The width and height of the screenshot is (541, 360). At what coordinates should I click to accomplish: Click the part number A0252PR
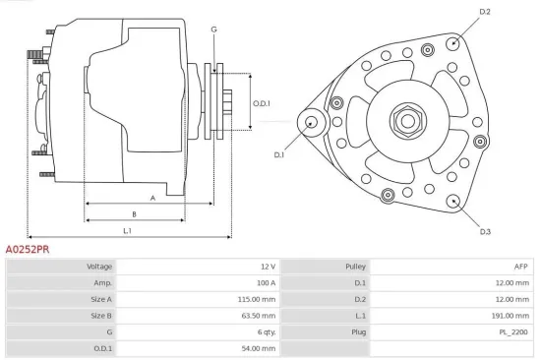28,250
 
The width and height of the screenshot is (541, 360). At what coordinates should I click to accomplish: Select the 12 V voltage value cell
267,267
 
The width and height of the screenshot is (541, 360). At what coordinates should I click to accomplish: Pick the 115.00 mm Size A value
259,299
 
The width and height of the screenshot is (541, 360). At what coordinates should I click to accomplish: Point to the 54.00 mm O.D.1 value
261,347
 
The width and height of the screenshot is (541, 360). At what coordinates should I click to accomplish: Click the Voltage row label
99,267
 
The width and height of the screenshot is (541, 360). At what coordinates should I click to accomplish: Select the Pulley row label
355,267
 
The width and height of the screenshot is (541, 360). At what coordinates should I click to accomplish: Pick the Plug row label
357,331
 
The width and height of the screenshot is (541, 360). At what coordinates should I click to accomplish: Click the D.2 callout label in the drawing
484,12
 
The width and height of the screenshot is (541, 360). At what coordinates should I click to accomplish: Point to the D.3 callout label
485,232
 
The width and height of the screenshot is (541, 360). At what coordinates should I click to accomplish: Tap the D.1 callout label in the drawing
279,154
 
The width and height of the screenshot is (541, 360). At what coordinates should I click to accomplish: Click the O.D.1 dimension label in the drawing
261,102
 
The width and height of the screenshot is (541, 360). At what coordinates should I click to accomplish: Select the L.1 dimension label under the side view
128,230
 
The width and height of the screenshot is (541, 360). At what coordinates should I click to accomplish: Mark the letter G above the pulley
213,30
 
